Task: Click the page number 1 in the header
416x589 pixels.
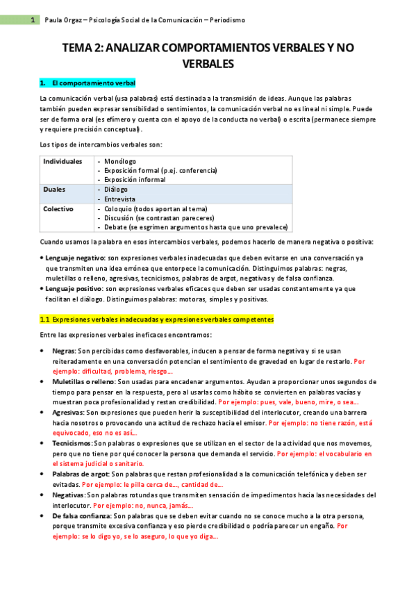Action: [x=33, y=20]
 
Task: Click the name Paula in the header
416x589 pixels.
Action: [x=53, y=20]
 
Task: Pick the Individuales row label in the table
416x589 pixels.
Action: [x=63, y=161]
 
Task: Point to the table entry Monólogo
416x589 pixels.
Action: [x=119, y=161]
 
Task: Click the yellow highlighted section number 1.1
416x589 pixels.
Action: [x=44, y=320]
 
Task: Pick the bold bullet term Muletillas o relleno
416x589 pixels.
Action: [x=83, y=382]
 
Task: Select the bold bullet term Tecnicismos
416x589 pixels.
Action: [x=72, y=442]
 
